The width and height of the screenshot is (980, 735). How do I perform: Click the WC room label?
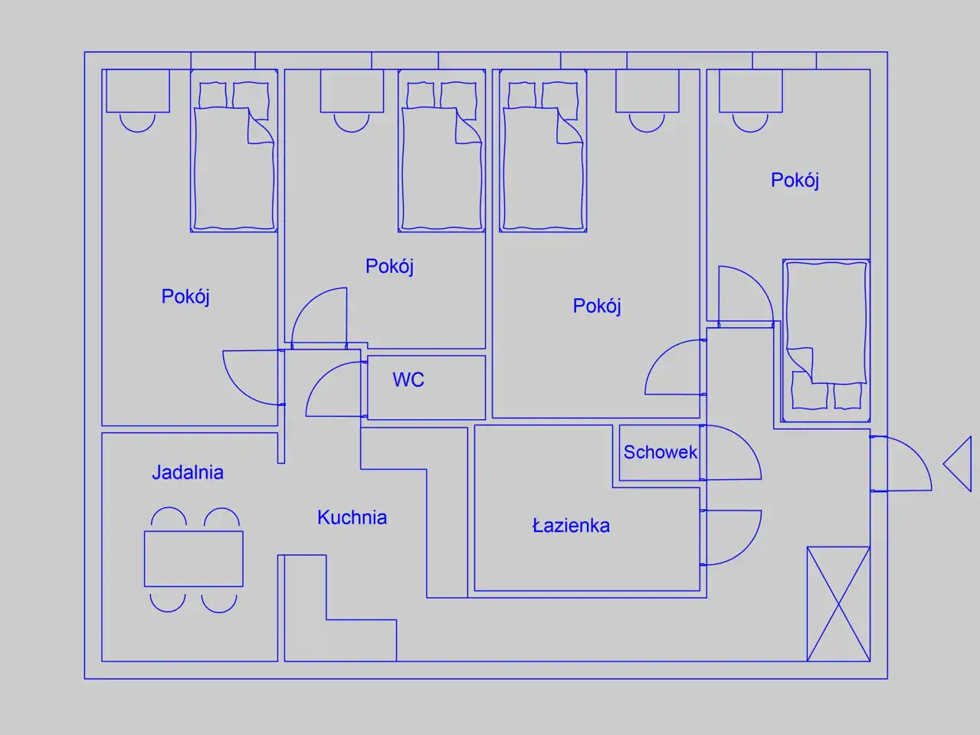[408, 379]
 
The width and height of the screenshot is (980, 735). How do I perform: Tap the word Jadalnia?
[188, 472]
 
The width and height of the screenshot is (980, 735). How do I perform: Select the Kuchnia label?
[352, 517]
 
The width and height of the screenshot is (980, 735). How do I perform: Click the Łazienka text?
[571, 526]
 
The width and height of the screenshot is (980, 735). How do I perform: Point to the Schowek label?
[660, 452]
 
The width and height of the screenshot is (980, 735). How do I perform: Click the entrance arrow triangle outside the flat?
[957, 464]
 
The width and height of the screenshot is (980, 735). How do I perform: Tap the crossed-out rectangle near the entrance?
[838, 604]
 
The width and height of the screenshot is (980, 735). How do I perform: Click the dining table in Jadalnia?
[193, 559]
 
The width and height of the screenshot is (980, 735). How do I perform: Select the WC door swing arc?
[334, 389]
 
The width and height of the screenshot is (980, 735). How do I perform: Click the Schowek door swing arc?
[733, 452]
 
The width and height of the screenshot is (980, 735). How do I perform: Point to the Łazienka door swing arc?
[733, 537]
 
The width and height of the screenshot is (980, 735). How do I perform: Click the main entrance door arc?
[901, 464]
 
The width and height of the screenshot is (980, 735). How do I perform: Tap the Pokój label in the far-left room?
[185, 297]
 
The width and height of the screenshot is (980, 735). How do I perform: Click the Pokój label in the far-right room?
[795, 180]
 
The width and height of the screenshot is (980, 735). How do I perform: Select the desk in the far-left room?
[137, 90]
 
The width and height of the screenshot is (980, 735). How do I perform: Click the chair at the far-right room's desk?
[750, 123]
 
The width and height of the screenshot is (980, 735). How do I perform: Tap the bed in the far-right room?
[826, 340]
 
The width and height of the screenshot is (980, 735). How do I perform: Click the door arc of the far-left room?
[253, 378]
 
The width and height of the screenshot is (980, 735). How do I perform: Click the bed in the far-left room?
[234, 150]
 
